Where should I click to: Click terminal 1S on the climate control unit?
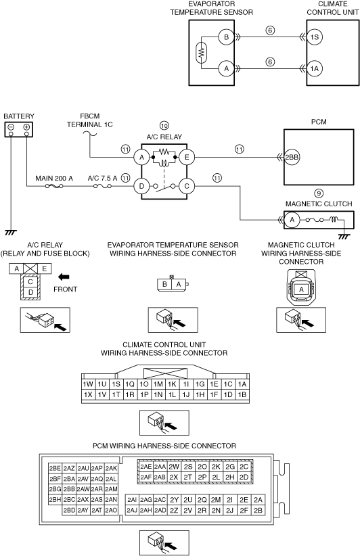tap(315, 37)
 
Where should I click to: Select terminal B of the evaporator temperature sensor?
tap(226, 37)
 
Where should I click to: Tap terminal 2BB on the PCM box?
tap(292, 158)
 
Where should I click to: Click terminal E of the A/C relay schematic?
tap(187, 157)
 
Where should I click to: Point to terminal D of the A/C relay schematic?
tap(141, 186)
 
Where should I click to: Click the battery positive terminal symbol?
tap(26, 127)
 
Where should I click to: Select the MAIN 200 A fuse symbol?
tap(54, 186)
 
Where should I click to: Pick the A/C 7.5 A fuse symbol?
tap(102, 186)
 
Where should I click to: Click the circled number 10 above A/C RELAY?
tap(164, 126)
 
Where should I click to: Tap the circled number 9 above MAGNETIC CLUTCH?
tap(319, 193)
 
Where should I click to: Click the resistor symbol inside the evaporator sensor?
tap(202, 53)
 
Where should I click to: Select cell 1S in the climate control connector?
tap(116, 384)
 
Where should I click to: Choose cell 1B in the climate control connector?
tap(242, 394)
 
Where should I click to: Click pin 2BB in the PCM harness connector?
tap(69, 489)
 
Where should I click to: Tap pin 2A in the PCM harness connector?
tap(258, 500)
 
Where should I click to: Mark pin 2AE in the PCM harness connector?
tap(145, 467)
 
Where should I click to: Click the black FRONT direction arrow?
tap(64, 277)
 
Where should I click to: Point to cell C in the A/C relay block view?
tap(30, 282)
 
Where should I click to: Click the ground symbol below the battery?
tap(11, 232)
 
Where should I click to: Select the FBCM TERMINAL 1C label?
tap(90, 120)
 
